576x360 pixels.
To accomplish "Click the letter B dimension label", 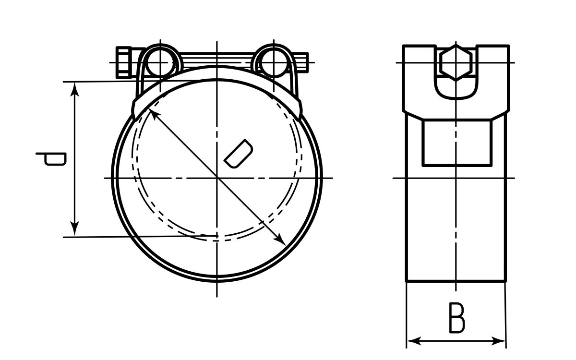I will [x=456, y=318].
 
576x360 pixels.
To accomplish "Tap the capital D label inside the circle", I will [x=238, y=154].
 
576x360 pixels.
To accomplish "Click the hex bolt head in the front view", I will [x=124, y=62].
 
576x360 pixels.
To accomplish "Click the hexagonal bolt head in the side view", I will [x=456, y=62].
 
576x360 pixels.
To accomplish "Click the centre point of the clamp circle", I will [x=217, y=178].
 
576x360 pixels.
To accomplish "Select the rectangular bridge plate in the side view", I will [x=456, y=143].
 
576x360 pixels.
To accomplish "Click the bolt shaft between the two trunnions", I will [x=217, y=61].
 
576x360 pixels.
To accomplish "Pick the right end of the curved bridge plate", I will [x=299, y=108].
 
